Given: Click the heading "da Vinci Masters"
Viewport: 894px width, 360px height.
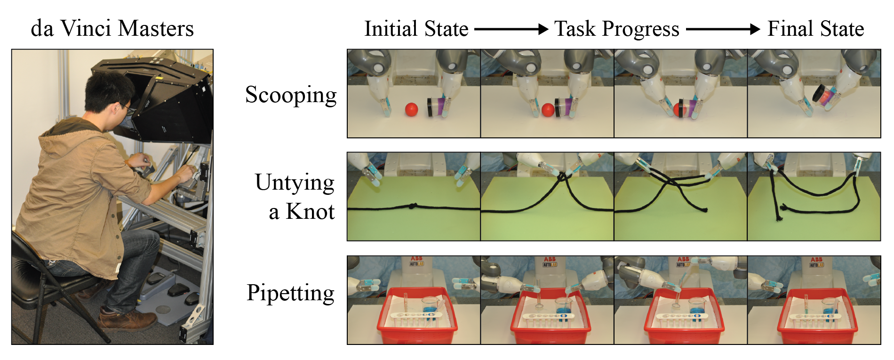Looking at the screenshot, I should tap(112, 29).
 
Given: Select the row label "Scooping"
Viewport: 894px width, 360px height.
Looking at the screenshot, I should tap(291, 95).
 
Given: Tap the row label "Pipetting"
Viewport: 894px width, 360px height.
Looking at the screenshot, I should tap(290, 293).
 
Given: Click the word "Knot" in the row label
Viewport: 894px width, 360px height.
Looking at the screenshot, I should tap(311, 212).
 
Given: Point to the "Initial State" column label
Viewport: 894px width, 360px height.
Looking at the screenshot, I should tap(416, 29).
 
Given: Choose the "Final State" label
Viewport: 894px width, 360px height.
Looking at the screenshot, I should tap(815, 29).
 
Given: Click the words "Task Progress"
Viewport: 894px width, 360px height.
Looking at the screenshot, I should tap(616, 29).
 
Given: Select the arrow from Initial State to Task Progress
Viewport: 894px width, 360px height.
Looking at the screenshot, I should tap(511, 29).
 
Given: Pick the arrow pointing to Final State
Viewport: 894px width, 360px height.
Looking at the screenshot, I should tap(723, 29).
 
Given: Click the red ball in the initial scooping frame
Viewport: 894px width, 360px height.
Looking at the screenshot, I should tap(412, 109).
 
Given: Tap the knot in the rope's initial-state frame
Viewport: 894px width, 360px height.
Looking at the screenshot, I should tap(412, 206).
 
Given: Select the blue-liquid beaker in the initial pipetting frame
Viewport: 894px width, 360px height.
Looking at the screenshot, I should tap(431, 306).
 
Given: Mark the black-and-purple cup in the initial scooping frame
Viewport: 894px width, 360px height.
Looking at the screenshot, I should tap(437, 106).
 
